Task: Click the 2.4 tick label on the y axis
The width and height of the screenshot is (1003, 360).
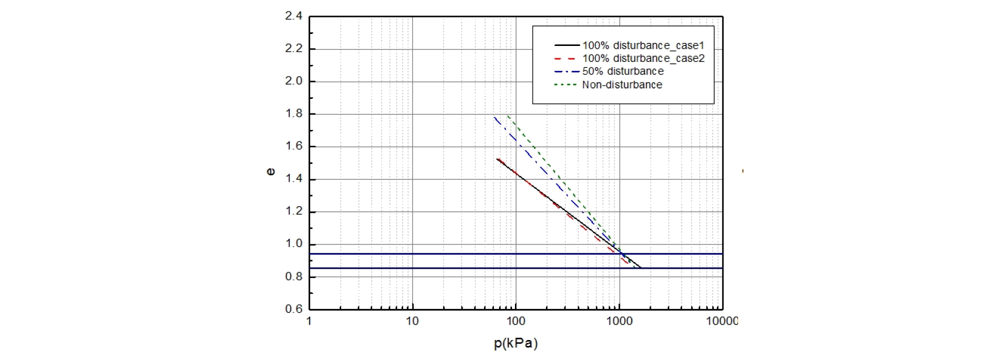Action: click(x=294, y=16)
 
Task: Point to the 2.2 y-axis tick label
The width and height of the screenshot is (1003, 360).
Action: click(x=294, y=49)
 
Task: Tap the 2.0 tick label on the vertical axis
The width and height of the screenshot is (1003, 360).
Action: click(x=294, y=81)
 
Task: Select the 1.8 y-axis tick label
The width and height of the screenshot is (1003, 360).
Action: click(x=294, y=114)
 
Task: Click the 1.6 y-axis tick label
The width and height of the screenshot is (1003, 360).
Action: click(x=294, y=146)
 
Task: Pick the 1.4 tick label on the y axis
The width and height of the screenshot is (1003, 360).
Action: click(x=294, y=179)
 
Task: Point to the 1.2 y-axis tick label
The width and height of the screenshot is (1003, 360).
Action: click(x=294, y=211)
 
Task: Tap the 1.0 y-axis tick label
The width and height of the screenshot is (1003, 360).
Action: click(x=294, y=244)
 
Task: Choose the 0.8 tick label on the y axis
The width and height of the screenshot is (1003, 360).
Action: click(x=294, y=277)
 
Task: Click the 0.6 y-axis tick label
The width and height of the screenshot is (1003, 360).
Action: click(x=294, y=309)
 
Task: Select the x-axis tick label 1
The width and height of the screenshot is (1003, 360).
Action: click(x=309, y=321)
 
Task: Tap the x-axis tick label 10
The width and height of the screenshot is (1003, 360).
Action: click(x=412, y=321)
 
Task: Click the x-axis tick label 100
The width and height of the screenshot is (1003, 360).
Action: click(x=516, y=321)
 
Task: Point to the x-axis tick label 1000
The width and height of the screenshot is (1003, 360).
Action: click(x=619, y=321)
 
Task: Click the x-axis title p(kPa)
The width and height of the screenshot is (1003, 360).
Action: click(x=515, y=344)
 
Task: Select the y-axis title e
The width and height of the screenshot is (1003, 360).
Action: click(x=270, y=172)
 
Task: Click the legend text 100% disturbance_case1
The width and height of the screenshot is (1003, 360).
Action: click(x=643, y=45)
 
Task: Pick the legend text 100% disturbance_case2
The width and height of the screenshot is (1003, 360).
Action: click(x=643, y=58)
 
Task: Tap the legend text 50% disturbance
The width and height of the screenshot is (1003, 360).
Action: click(x=623, y=71)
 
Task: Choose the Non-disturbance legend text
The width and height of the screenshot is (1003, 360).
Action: click(x=622, y=85)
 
